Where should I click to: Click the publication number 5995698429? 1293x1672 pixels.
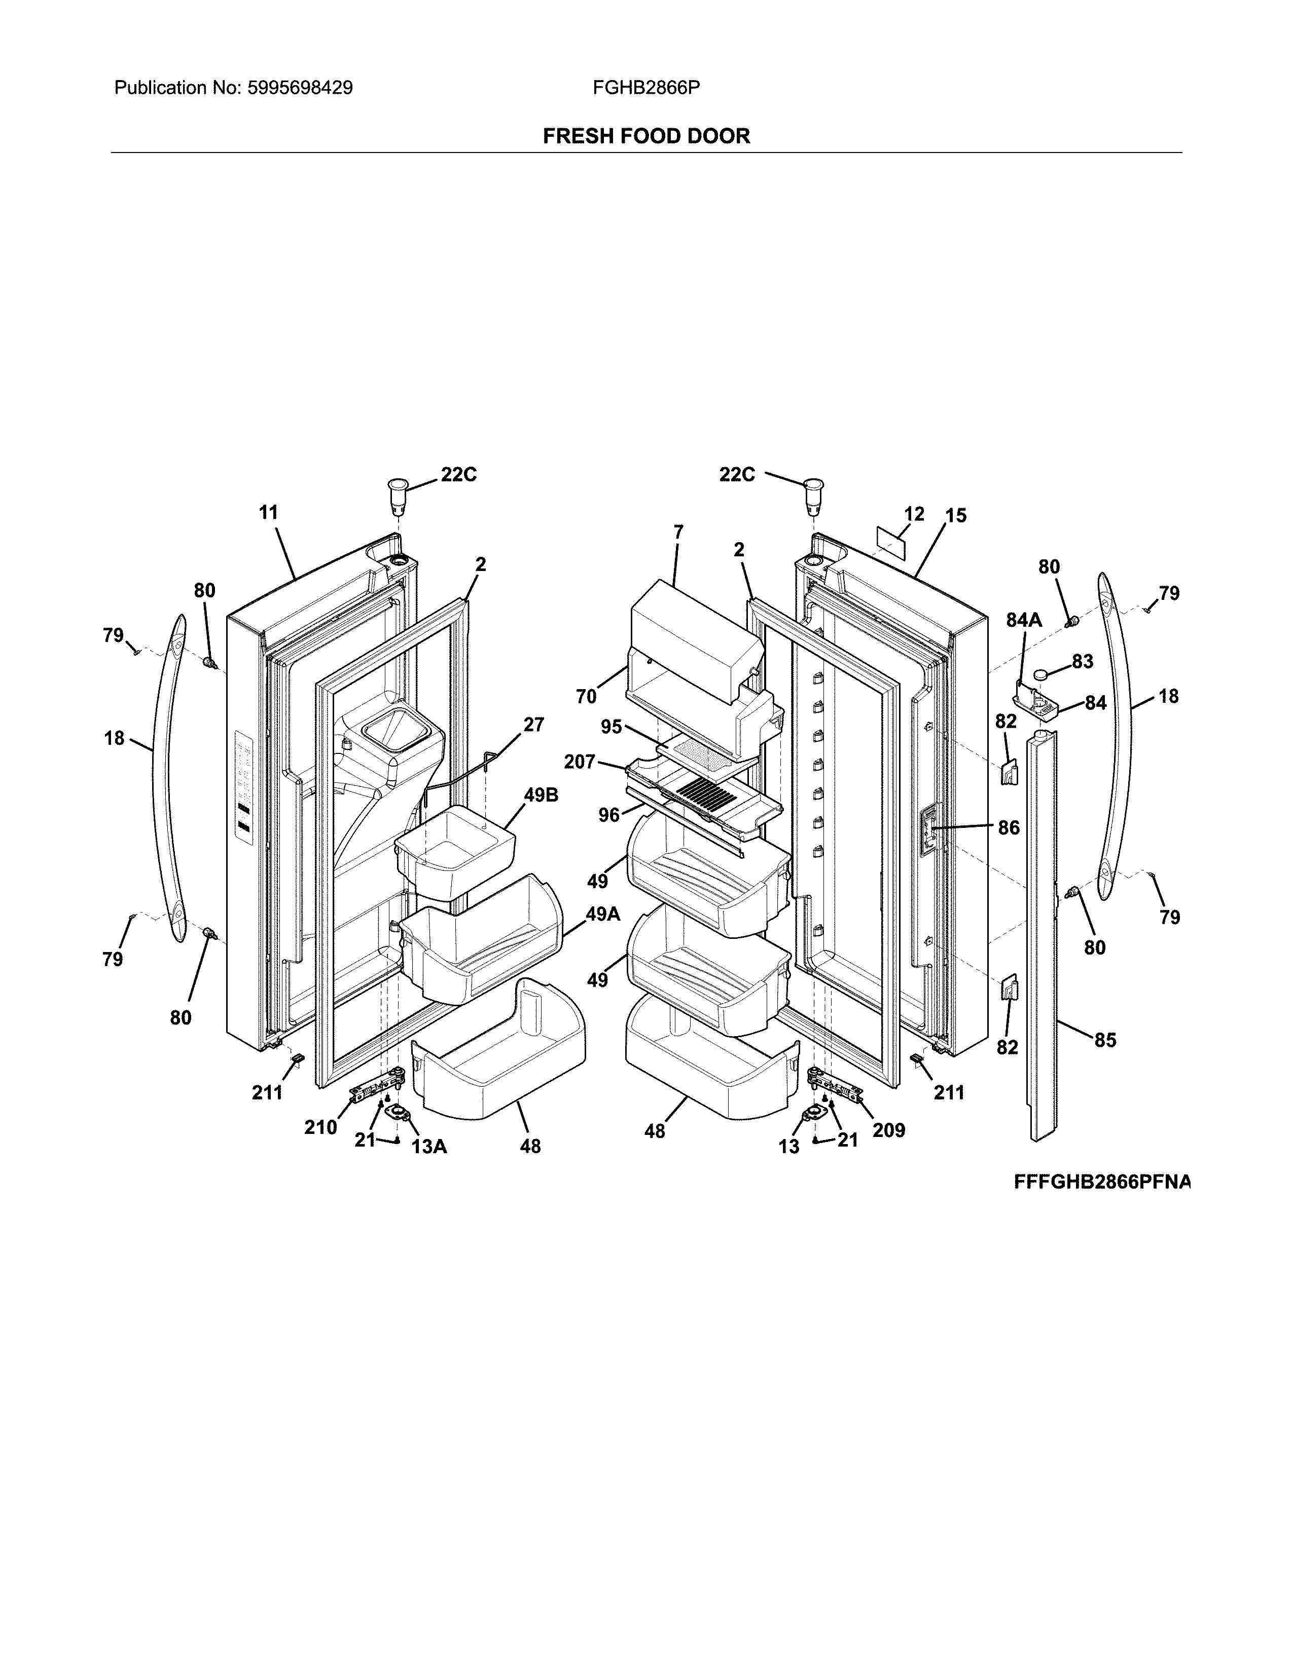300,88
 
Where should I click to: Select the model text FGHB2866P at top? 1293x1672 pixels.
645,88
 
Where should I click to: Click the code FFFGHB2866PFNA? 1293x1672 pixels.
1102,1182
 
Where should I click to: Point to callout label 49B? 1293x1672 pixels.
541,794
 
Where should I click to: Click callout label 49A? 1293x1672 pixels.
603,914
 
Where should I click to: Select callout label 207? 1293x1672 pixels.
580,762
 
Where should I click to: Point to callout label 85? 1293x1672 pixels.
1104,1040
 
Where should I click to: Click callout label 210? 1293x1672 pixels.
320,1127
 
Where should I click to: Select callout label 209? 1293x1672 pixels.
888,1130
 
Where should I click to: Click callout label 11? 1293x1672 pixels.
268,512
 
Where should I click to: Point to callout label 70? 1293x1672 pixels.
586,696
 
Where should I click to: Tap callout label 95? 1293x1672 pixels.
612,727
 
